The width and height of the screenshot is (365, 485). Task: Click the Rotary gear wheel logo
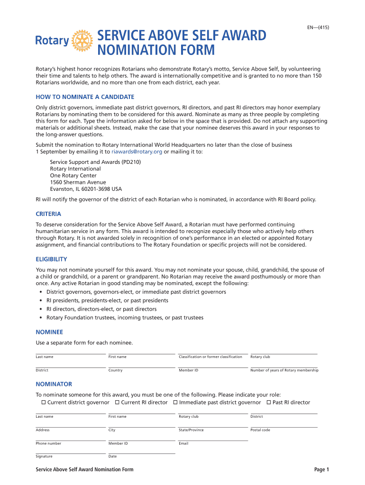(82, 41)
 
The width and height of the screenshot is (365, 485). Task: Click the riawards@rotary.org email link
(137, 152)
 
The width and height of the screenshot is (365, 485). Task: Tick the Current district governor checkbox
(44, 402)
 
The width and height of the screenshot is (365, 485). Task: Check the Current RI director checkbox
(117, 402)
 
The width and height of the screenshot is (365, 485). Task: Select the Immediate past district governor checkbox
(175, 402)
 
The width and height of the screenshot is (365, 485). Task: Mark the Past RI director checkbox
(269, 402)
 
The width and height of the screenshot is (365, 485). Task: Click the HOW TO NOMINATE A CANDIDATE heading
(85, 97)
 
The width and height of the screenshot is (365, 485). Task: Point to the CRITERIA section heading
(48, 214)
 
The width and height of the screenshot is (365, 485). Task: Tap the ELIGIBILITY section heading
(51, 259)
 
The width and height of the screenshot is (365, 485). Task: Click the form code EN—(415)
(318, 27)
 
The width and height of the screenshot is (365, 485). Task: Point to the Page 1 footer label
(321, 469)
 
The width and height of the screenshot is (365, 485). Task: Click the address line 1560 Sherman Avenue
(78, 182)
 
